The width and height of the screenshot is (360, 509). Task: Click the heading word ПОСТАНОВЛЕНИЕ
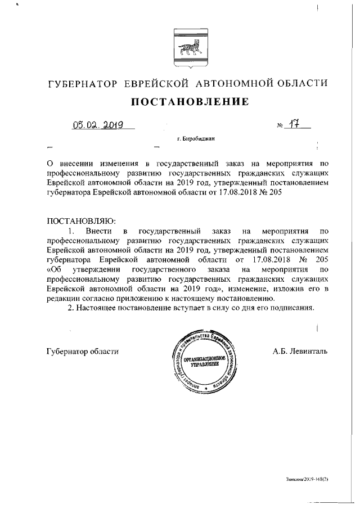click(x=190, y=102)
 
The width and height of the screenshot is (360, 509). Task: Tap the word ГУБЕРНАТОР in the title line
click(x=83, y=84)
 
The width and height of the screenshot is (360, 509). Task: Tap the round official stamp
click(x=206, y=361)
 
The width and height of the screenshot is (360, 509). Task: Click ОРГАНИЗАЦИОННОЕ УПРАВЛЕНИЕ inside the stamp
click(x=206, y=361)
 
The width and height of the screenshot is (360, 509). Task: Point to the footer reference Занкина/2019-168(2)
click(x=307, y=479)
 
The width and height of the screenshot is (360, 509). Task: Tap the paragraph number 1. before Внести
click(x=70, y=231)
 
